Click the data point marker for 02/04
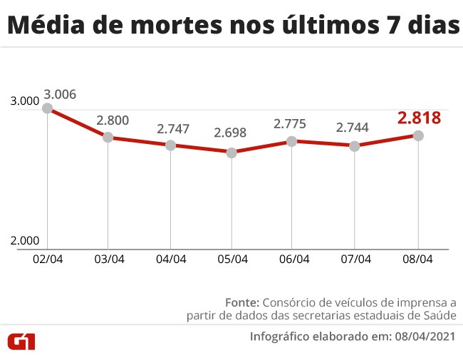coord(47,108)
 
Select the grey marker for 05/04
coord(231,153)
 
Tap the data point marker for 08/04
coord(418,135)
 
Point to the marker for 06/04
coord(293,141)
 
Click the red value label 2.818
coord(419,118)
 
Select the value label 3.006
coord(60,94)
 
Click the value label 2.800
coord(112,120)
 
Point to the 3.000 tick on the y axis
coord(25,102)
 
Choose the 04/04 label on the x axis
coord(171,259)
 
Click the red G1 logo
coord(21,341)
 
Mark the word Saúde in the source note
coord(437,315)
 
